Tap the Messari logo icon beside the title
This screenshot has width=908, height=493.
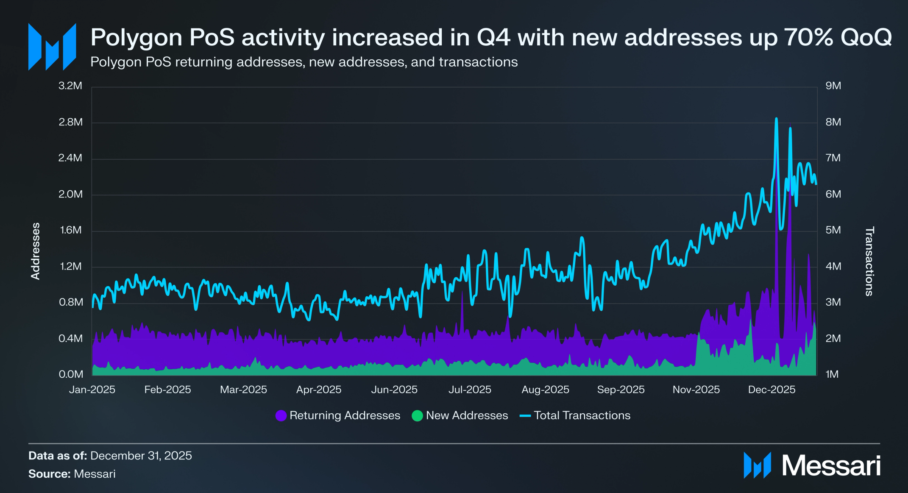click(x=52, y=47)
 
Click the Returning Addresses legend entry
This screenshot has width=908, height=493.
click(x=338, y=415)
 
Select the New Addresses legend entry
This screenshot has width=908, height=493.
click(x=460, y=415)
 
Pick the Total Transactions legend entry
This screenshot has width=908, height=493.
click(x=575, y=415)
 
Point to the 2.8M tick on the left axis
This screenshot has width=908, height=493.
click(x=70, y=122)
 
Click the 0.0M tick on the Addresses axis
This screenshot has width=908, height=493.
click(x=70, y=374)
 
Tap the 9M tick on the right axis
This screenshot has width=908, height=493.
click(x=833, y=86)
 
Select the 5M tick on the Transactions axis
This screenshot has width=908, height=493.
click(x=833, y=230)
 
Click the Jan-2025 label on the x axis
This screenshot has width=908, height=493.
click(x=92, y=390)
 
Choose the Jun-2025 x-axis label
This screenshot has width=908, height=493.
click(x=394, y=390)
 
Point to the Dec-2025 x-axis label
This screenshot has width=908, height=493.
click(x=772, y=390)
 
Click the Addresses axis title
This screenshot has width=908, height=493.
click(x=36, y=251)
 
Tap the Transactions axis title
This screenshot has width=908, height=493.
click(x=869, y=261)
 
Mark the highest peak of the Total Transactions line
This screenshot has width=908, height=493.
click(x=776, y=119)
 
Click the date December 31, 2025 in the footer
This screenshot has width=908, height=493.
click(x=141, y=456)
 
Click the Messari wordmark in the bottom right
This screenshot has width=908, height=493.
click(x=831, y=465)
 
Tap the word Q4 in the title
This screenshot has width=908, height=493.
click(x=494, y=37)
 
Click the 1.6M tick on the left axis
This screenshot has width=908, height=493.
click(x=70, y=230)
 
